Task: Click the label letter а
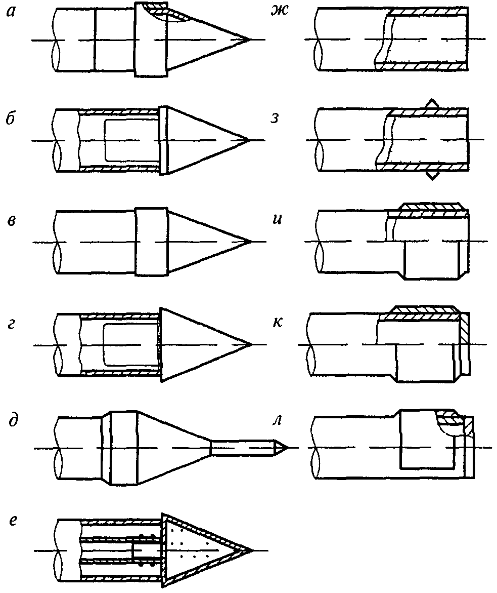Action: pos(11,14)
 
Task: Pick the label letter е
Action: pos(13,522)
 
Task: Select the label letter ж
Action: pos(277,14)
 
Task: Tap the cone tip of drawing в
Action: pos(250,242)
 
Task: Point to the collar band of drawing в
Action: pos(151,242)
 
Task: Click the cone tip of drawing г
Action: pos(250,345)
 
